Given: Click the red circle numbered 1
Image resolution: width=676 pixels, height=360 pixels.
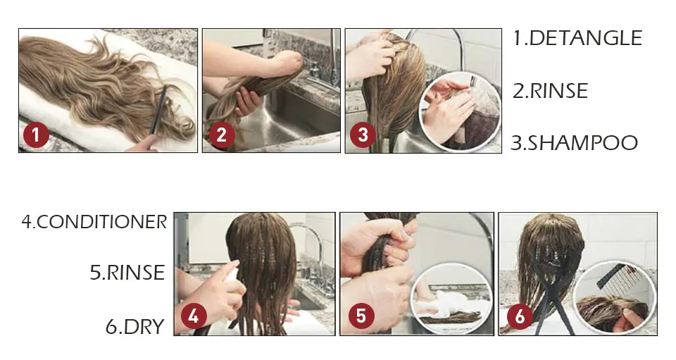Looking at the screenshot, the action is coord(36,135).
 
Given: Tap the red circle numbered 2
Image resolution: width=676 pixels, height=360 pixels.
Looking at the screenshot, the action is coord(222,135).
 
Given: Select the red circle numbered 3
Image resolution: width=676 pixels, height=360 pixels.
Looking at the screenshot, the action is coord(363,135).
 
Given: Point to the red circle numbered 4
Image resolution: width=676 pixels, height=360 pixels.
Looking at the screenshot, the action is coord(194,316).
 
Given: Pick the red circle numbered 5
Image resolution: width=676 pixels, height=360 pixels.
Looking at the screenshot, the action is coord(361,316).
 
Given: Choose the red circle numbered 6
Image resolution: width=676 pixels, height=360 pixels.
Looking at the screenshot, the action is coord(520,316).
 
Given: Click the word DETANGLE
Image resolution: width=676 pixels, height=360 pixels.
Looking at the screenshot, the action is coord(585,38).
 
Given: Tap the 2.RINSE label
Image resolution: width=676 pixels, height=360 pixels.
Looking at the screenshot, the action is coord(550,91).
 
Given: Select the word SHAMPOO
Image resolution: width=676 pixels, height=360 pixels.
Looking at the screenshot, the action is coord(583,143).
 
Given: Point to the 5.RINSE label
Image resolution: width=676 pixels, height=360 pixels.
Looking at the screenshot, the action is coord(127,273).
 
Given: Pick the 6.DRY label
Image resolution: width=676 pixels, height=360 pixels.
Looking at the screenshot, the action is coord(135,326).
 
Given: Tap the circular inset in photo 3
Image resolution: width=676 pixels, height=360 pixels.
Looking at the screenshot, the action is coord(460,112).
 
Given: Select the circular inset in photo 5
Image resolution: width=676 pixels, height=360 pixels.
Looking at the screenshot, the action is coord(451,298).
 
